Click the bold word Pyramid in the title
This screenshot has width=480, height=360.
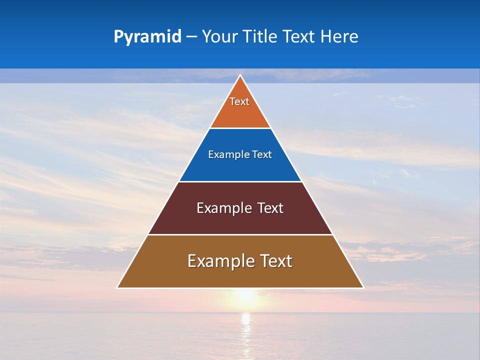coord(147,37)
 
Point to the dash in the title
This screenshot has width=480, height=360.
coord(191,37)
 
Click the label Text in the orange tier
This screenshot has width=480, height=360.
coord(239,101)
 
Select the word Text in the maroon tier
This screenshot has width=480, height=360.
coord(270,208)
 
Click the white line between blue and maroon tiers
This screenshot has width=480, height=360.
coord(240,181)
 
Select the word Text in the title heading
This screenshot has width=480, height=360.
coord(299,37)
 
